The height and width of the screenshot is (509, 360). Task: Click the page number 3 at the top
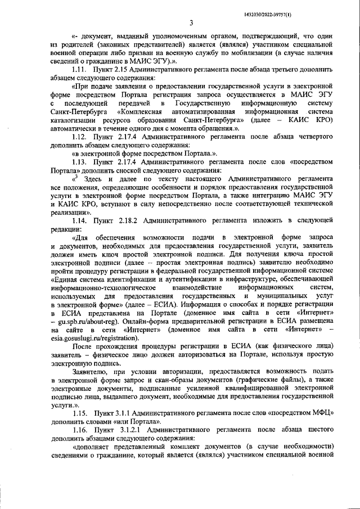[191, 22]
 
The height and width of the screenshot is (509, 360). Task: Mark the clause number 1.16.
[82, 430]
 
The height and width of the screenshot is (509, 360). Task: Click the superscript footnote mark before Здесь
[78, 177]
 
